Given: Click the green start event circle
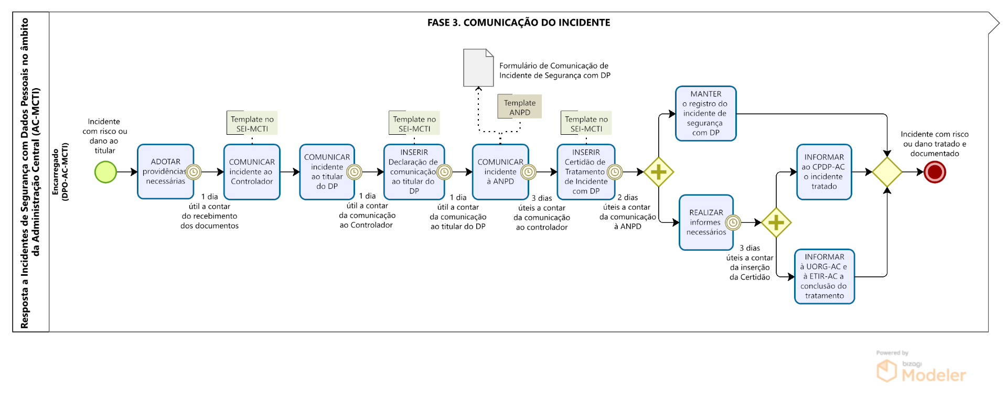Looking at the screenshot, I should click(105, 172).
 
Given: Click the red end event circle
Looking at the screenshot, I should click(935, 172).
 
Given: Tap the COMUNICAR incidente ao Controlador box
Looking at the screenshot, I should click(252, 172).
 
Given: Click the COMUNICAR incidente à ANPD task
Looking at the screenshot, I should click(498, 172).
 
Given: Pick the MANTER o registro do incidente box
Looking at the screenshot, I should click(705, 114).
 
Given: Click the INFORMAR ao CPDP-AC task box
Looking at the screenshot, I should click(824, 172).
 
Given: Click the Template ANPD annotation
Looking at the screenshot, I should click(519, 107).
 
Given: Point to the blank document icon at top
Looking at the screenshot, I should click(478, 68).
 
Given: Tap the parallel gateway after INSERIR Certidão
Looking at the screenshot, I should click(659, 172).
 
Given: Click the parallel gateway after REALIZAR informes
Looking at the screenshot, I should click(776, 222).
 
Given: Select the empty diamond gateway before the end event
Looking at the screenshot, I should click(887, 172).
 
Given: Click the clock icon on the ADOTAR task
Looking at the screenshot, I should click(194, 172).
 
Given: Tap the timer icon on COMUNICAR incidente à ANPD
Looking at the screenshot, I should click(528, 172).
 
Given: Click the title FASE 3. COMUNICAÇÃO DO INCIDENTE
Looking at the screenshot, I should click(518, 23).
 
